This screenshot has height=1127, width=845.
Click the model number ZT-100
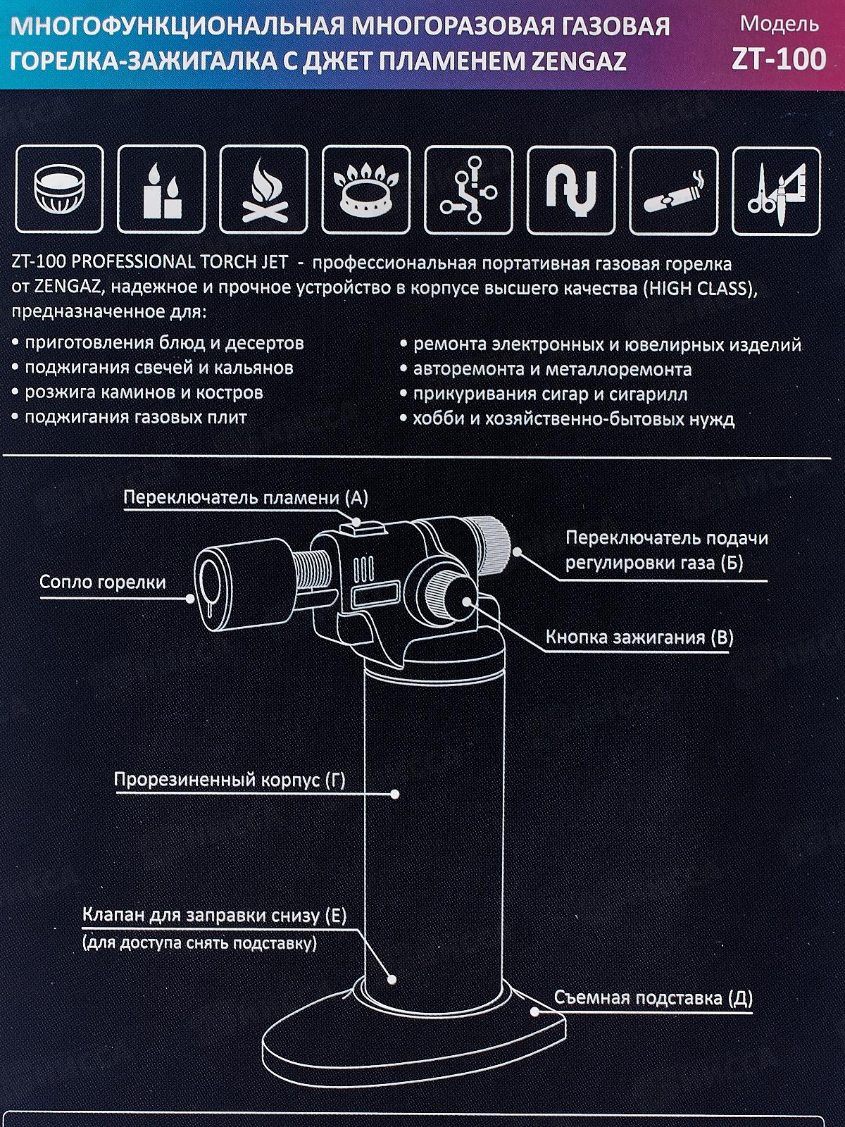(778, 59)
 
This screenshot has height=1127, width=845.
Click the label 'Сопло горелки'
(102, 583)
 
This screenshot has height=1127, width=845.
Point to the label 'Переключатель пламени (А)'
(246, 498)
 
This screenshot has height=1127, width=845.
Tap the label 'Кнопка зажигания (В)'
(639, 637)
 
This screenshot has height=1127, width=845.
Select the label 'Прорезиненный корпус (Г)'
(230, 780)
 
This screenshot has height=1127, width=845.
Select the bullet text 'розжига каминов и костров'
(144, 392)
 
